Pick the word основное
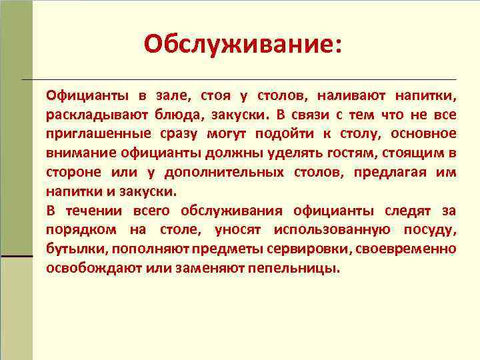point(425,133)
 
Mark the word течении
point(93,211)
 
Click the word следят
point(407,211)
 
